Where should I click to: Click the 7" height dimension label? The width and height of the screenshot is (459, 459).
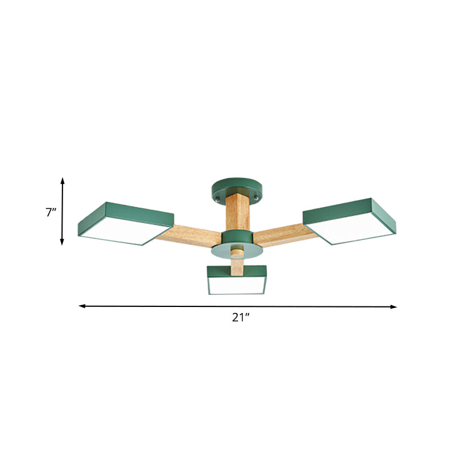pyautogui.click(x=51, y=212)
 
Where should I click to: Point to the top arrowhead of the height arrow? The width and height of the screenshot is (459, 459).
pyautogui.click(x=63, y=180)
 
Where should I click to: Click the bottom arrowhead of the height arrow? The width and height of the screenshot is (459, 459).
pyautogui.click(x=63, y=243)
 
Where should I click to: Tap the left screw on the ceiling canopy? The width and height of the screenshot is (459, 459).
pyautogui.click(x=219, y=197)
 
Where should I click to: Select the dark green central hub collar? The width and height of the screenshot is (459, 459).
pyautogui.click(x=235, y=236)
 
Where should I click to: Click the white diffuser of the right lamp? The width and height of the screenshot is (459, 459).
pyautogui.click(x=353, y=229)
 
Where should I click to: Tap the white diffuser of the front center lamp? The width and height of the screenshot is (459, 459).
pyautogui.click(x=235, y=285)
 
